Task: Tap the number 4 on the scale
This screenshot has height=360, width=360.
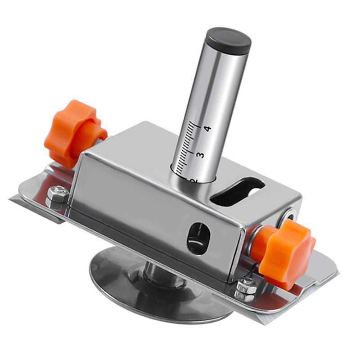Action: pyautogui.click(x=207, y=129)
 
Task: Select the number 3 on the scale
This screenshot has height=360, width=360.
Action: pyautogui.click(x=200, y=154)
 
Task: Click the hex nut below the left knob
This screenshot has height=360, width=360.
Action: pyautogui.click(x=57, y=194)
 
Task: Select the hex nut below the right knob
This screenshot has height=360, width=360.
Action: pyautogui.click(x=247, y=288)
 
